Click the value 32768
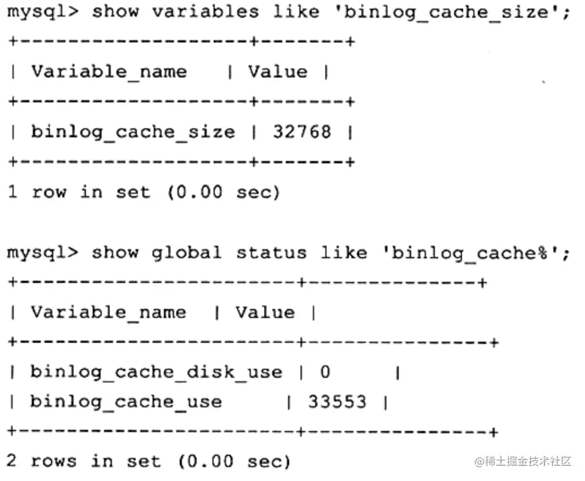click(x=302, y=132)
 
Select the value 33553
click(x=337, y=402)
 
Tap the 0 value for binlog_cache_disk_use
click(x=325, y=372)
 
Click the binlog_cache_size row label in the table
click(x=133, y=132)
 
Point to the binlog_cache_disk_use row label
click(x=156, y=372)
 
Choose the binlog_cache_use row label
click(x=126, y=402)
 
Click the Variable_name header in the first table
click(x=109, y=72)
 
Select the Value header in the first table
click(x=278, y=72)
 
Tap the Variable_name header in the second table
click(x=109, y=312)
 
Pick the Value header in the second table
click(x=265, y=312)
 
